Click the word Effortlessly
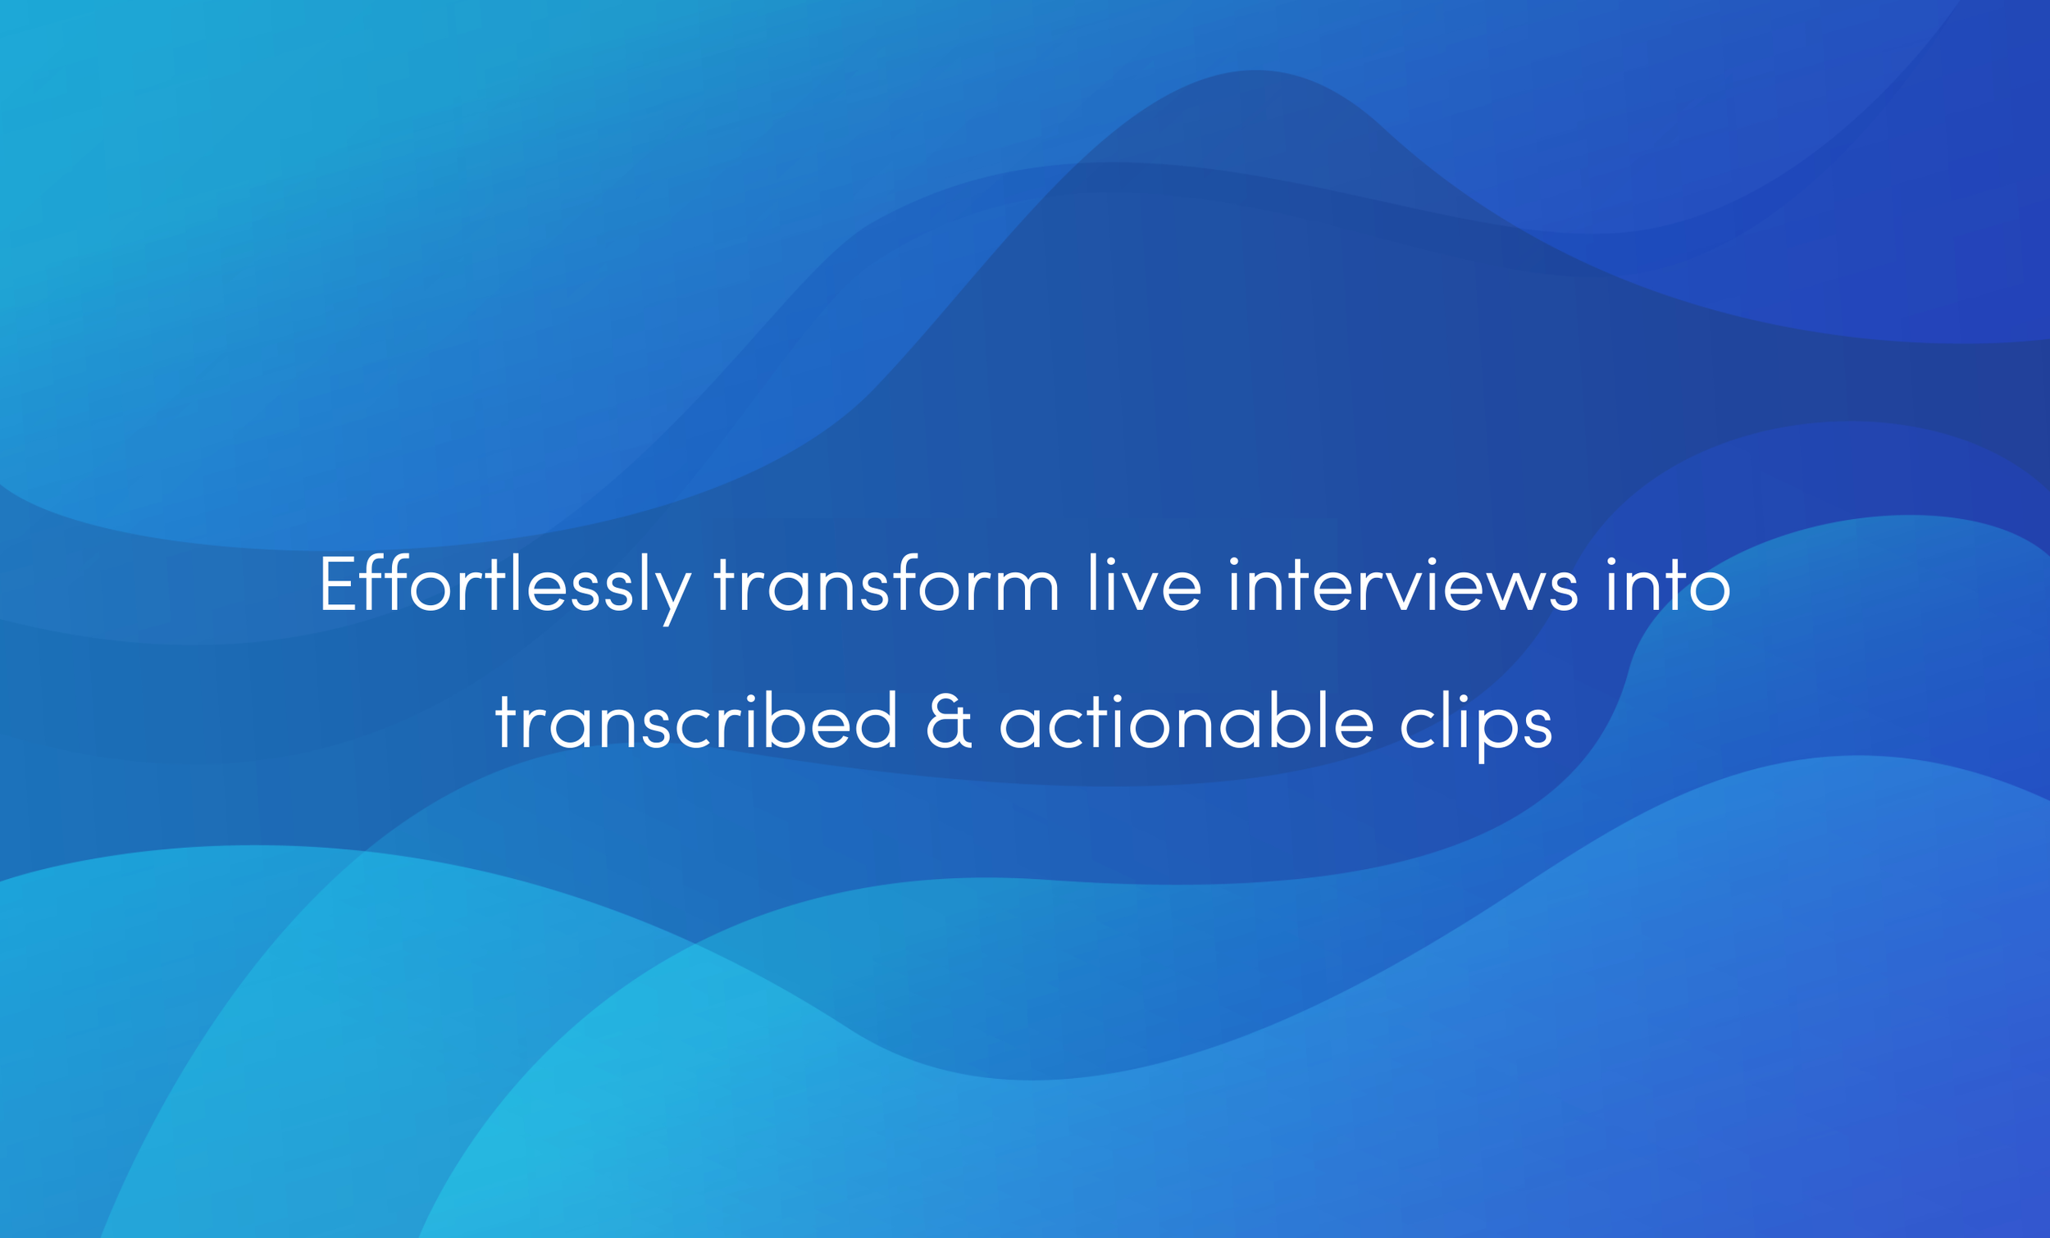point(504,585)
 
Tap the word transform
point(887,585)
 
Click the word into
point(1669,585)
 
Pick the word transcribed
point(696,723)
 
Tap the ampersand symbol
point(949,723)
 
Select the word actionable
point(1187,723)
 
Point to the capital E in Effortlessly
point(338,584)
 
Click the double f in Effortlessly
point(388,584)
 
